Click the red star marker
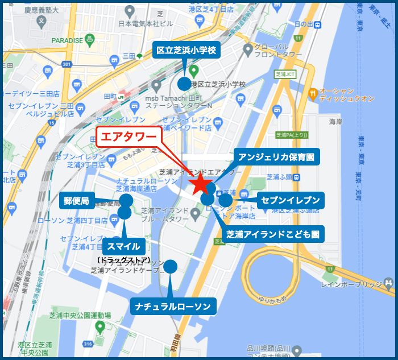click(201, 184)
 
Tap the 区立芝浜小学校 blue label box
click(187, 51)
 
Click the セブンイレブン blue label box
click(291, 200)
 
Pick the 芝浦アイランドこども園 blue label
click(272, 234)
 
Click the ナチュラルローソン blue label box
click(173, 307)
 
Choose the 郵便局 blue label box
click(77, 200)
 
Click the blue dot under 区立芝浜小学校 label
click(184, 84)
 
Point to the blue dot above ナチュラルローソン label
click(170, 266)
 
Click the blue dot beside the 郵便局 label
click(126, 200)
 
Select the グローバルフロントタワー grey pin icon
click(247, 49)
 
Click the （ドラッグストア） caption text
click(123, 260)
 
